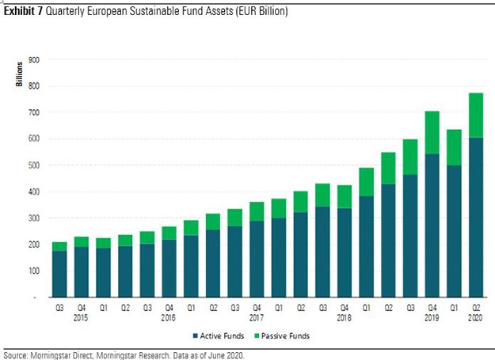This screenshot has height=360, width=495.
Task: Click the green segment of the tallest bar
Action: (x=476, y=116)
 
